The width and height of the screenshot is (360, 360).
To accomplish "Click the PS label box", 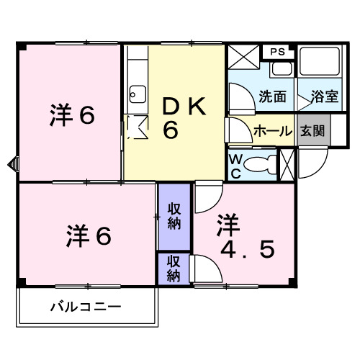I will (278, 52).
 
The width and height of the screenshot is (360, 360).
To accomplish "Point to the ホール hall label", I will (272, 131).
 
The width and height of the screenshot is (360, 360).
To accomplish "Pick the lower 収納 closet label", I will (174, 267).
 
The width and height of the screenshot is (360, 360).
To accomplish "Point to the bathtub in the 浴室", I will (321, 66).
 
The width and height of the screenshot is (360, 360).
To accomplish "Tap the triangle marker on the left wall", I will (11, 164).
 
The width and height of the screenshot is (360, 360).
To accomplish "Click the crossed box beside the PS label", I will (243, 56).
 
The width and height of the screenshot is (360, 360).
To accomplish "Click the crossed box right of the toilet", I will (287, 163).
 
